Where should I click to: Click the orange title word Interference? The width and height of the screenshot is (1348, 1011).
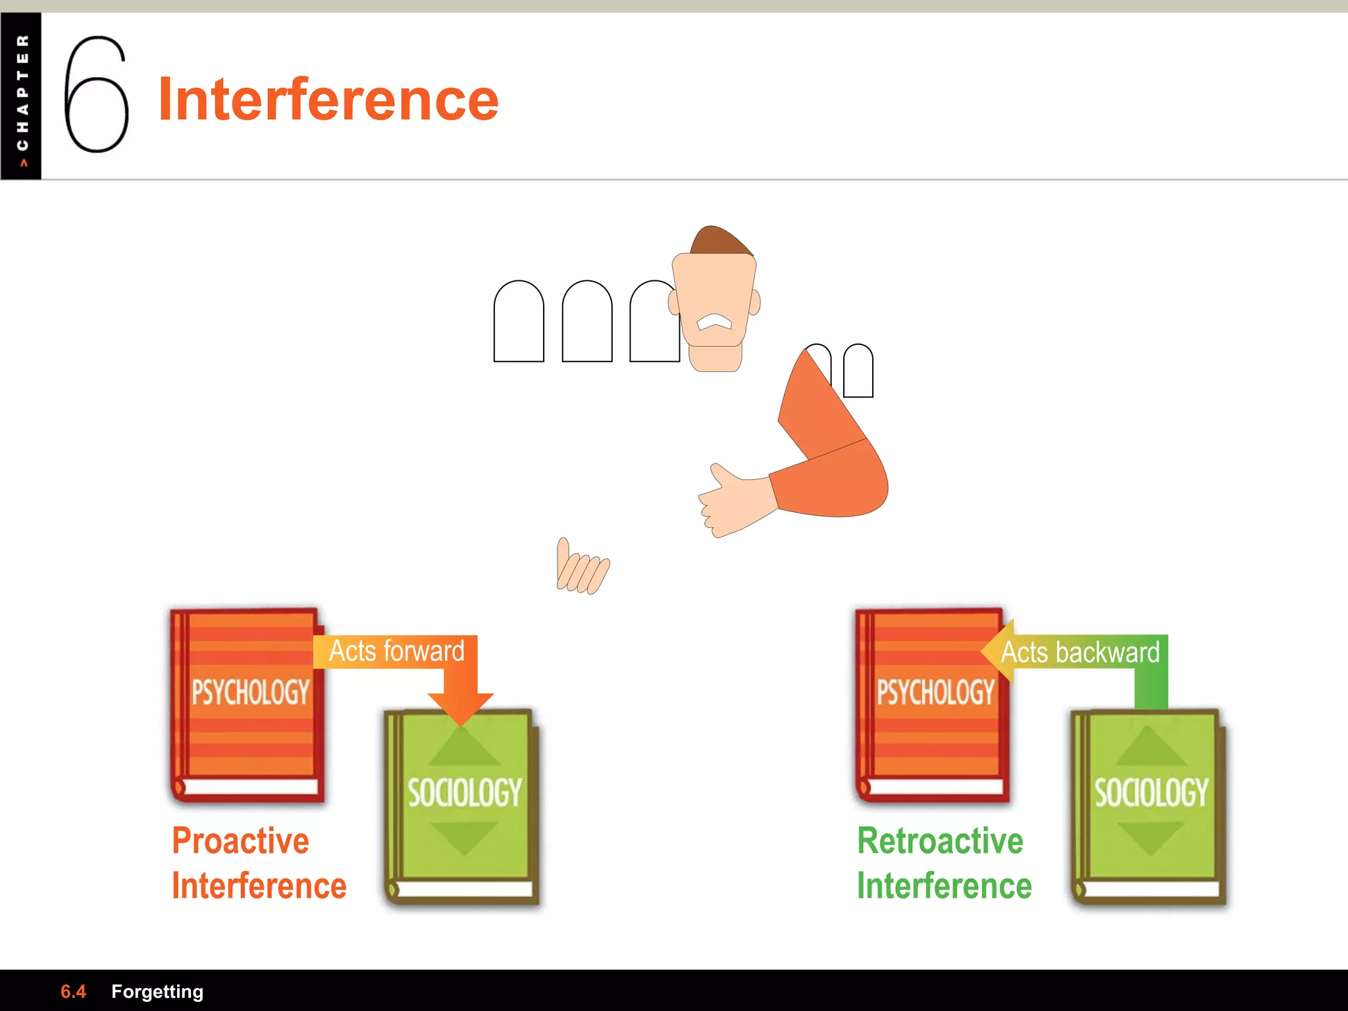pyautogui.click(x=328, y=99)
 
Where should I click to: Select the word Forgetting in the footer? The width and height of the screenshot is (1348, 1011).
pyautogui.click(x=157, y=991)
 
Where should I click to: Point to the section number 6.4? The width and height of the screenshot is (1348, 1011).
pyautogui.click(x=73, y=991)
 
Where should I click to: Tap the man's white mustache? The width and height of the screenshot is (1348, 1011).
pyautogui.click(x=714, y=322)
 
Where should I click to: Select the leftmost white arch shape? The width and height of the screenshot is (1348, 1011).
pyautogui.click(x=519, y=322)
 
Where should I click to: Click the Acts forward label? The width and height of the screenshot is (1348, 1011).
pyautogui.click(x=396, y=651)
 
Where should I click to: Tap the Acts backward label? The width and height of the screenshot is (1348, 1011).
pyautogui.click(x=1080, y=652)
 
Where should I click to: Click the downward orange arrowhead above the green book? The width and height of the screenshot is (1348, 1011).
pyautogui.click(x=461, y=708)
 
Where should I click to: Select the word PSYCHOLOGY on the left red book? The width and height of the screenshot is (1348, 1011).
pyautogui.click(x=251, y=692)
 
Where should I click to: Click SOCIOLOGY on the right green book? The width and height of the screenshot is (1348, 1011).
pyautogui.click(x=1151, y=792)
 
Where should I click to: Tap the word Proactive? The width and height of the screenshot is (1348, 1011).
pyautogui.click(x=240, y=841)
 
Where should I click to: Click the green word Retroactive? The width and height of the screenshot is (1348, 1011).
pyautogui.click(x=940, y=841)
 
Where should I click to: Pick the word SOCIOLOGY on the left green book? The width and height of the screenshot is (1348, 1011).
pyautogui.click(x=465, y=792)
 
